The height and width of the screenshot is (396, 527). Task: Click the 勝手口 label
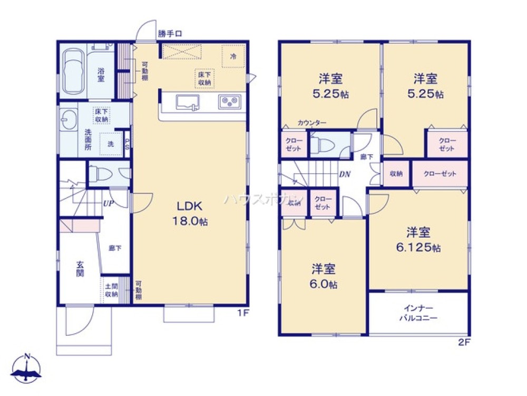coord(170,34)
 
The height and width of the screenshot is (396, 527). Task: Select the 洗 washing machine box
coord(111,143)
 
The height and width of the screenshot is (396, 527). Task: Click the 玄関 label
coord(80,269)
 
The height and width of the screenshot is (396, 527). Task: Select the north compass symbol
coord(28,369)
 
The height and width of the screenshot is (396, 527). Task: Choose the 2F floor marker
coord(464,342)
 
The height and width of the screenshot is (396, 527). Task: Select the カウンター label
coord(311,123)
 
